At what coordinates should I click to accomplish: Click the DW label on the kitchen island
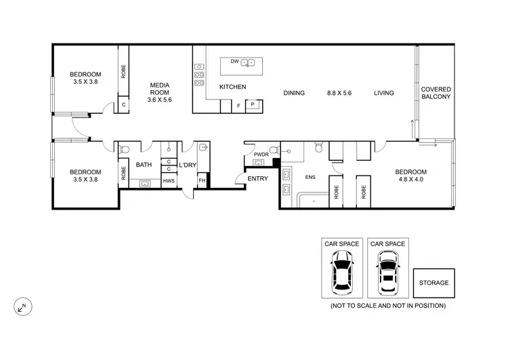tap(234, 62)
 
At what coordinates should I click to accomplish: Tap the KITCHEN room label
tap(232, 87)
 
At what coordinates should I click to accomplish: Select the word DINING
tap(294, 93)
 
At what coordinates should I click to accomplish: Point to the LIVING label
tap(383, 93)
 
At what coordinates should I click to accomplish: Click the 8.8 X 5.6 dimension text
tap(339, 93)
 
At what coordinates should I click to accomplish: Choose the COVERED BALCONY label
tap(436, 93)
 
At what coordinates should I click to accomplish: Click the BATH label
tap(144, 165)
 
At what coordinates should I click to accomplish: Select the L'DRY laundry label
tap(187, 165)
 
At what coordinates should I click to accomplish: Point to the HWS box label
tap(168, 180)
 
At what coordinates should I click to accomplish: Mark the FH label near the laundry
tap(201, 180)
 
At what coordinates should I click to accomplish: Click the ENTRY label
tap(258, 179)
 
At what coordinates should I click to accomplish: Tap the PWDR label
tap(261, 155)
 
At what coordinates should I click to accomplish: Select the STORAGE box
tap(433, 283)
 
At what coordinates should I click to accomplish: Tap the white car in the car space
tap(387, 274)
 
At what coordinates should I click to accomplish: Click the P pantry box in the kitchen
tap(253, 105)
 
